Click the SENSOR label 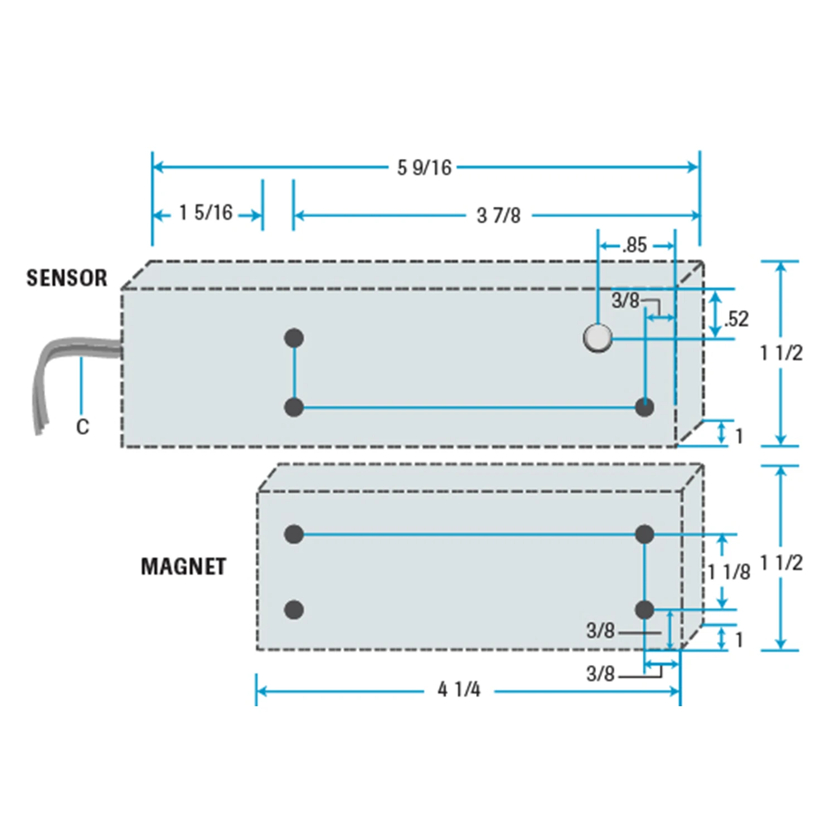tap(67, 278)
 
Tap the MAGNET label tap(183, 566)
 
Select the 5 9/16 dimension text tap(424, 167)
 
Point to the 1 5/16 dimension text tap(206, 212)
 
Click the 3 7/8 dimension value tap(498, 215)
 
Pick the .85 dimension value tap(635, 245)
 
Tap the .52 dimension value tap(736, 319)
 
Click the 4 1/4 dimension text tap(459, 689)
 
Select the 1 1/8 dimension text tap(730, 571)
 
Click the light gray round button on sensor tap(597, 338)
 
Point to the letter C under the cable tap(82, 427)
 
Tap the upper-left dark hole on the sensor tap(294, 338)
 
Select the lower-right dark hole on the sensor tap(644, 407)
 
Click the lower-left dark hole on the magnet tap(294, 610)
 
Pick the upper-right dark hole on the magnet tap(644, 534)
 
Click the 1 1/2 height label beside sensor tap(781, 353)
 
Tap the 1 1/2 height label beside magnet tap(781, 563)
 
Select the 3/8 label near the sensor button tap(625, 301)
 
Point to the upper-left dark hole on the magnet tap(294, 534)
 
